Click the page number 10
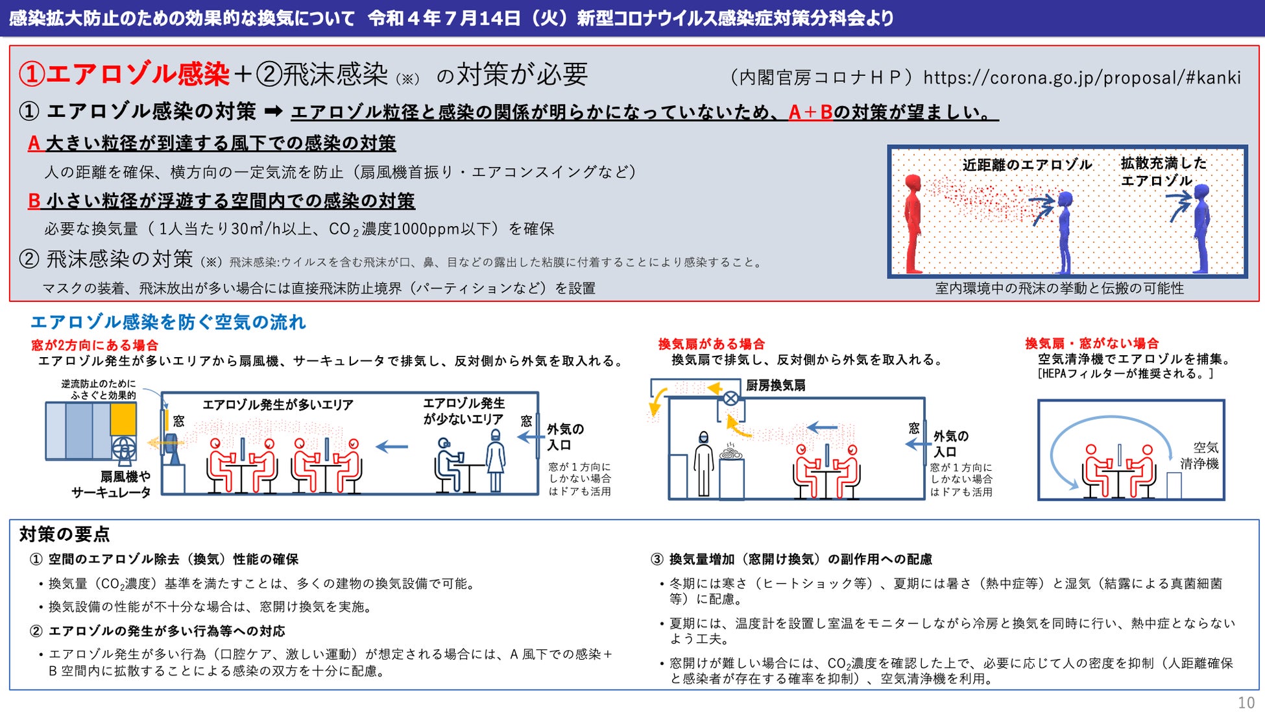[x=1246, y=703]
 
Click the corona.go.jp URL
[x=1082, y=77]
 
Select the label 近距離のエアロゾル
[x=1027, y=165]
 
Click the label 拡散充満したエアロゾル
[x=1163, y=171]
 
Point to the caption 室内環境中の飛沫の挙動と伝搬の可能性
[x=1059, y=288]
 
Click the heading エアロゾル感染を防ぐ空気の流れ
[x=168, y=322]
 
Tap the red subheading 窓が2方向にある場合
[x=95, y=345]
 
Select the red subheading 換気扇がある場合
[x=712, y=344]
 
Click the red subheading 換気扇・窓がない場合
[x=1092, y=344]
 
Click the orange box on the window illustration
[x=123, y=419]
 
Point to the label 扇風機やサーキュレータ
[x=111, y=484]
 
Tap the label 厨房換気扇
[x=776, y=385]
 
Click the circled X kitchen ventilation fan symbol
[x=730, y=398]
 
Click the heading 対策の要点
[x=65, y=534]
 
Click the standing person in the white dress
[x=496, y=460]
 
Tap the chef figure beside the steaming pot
[x=703, y=464]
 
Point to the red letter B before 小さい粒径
[x=34, y=201]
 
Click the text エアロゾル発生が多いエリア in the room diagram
[x=278, y=405]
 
